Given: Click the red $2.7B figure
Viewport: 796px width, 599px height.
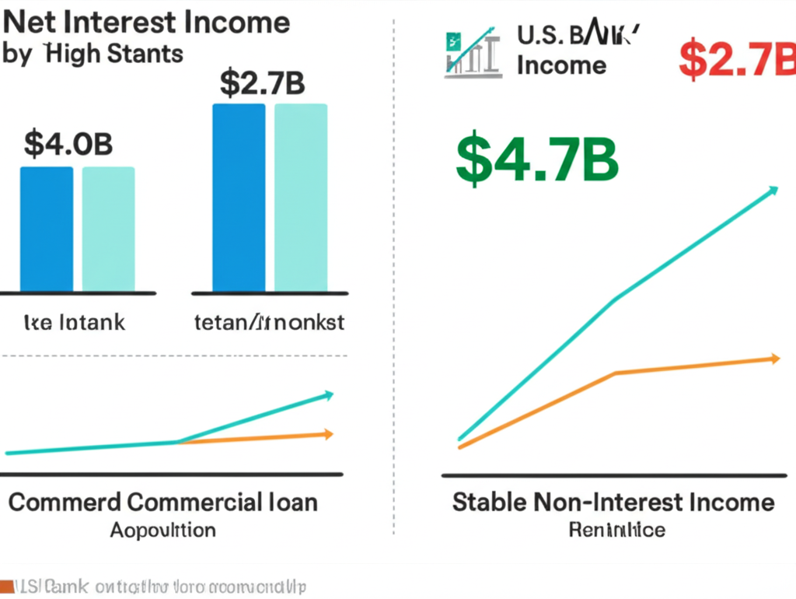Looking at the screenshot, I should coord(737,61).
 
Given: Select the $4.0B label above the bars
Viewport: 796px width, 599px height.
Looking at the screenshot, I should coord(68,144).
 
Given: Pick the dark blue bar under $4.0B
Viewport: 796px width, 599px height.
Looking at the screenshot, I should coord(47,229).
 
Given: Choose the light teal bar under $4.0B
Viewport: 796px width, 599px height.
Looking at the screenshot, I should coord(108,229).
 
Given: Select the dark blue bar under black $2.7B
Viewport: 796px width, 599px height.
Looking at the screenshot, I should coord(239,198).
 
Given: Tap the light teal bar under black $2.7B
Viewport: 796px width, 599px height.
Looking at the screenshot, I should coord(301,198).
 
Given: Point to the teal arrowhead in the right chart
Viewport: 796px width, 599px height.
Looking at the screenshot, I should coord(772,189).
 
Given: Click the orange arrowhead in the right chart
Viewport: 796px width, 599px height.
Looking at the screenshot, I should coord(773,358).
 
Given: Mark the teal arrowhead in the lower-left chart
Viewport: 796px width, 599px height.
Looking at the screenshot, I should coord(329,394).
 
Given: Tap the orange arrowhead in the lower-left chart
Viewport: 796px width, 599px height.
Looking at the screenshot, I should coord(329,433).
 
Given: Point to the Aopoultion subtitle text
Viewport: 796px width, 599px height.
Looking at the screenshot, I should coord(162,531).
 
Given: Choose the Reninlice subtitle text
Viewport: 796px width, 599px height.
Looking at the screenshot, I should coord(616,531).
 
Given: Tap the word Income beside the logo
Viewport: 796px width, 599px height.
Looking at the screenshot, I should coord(561,65).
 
